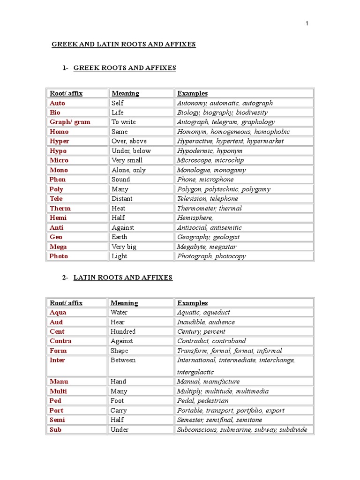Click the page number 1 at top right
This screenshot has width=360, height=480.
tap(307, 23)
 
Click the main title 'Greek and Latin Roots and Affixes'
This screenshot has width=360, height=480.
tap(123, 45)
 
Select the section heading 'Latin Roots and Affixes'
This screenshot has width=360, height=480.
tap(123, 277)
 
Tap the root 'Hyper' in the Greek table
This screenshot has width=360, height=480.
tap(60, 141)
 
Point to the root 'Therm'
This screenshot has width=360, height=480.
tap(60, 208)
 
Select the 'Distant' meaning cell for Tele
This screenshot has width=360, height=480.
tap(122, 199)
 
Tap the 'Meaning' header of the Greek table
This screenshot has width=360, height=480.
tap(125, 93)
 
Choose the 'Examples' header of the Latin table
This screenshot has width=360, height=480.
tap(192, 303)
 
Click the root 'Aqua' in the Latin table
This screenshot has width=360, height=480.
tap(58, 313)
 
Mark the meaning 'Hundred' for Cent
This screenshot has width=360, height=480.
tap(123, 331)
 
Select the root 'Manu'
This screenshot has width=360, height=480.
tap(59, 382)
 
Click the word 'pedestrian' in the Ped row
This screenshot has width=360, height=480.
tap(213, 401)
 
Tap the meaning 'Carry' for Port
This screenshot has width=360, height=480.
tap(119, 411)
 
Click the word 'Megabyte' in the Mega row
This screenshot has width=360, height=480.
tap(191, 247)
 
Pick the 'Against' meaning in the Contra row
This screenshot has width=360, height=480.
tap(122, 341)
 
